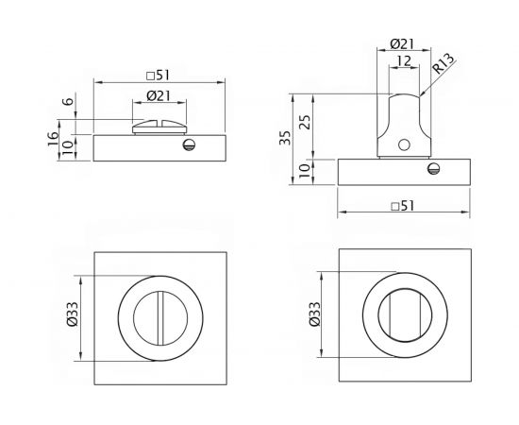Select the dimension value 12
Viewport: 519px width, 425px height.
[403, 60]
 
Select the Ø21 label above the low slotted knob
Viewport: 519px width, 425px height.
[159, 96]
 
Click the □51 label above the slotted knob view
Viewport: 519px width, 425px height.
[159, 75]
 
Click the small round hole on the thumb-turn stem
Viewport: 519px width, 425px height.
[403, 144]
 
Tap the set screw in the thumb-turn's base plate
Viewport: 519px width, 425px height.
[433, 169]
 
